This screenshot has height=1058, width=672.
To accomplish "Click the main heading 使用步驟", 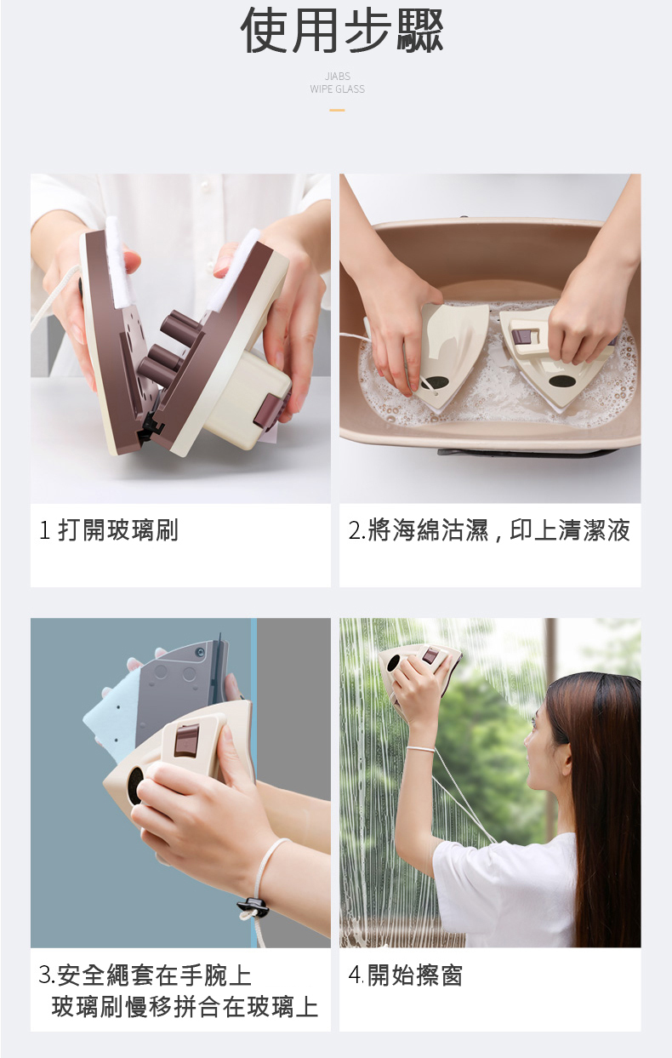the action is pos(342,31).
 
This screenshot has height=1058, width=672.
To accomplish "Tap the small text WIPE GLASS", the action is pos(338,89).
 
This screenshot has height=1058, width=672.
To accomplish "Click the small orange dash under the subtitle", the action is pos(337,110).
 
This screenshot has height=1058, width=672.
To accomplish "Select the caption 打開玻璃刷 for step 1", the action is pos(118,530).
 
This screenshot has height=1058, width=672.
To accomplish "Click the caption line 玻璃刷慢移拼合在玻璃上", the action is pos(185,1007).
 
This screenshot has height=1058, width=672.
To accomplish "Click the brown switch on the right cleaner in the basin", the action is pos(523,336).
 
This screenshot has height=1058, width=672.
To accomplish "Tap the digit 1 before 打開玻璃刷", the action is pos(44,530).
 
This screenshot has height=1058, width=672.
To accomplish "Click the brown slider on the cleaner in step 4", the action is pos(429,655).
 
